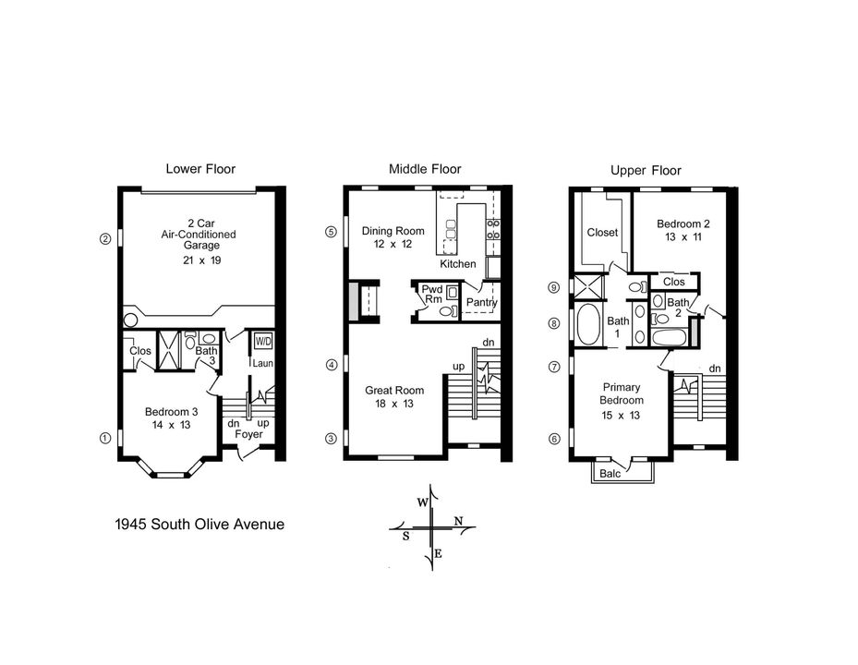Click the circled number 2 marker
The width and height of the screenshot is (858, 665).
[x=105, y=238]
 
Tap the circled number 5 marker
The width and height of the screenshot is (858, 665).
[x=331, y=232]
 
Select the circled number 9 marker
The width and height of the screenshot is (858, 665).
[x=554, y=287]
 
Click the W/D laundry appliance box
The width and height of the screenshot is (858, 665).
[x=263, y=339]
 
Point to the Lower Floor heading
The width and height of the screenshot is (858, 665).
[x=200, y=169]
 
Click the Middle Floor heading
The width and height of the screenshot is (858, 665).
[x=425, y=169]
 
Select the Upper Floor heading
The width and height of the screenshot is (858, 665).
[x=646, y=171]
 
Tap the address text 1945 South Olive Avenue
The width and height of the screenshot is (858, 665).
[x=199, y=525]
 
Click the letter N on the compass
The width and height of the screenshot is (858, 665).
[x=459, y=522]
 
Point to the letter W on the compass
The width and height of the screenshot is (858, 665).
[x=421, y=502]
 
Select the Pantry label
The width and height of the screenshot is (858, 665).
[x=482, y=302]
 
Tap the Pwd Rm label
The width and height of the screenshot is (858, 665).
[x=432, y=295]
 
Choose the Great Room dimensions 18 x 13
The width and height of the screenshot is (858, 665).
[x=394, y=404]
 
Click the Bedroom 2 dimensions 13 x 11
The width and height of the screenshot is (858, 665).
[x=683, y=237]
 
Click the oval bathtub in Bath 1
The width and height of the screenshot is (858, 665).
[x=588, y=324]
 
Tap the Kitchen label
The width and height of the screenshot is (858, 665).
[x=458, y=264]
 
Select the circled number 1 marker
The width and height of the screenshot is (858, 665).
[x=105, y=438]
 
